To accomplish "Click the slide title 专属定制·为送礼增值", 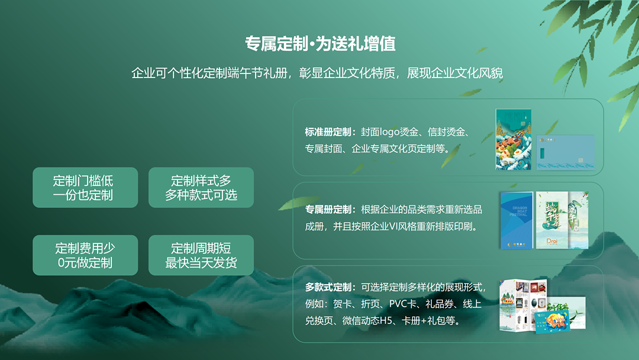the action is pos(320,44).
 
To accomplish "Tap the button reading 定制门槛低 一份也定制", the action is pos(85,188).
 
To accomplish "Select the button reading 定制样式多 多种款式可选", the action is pos(201,188).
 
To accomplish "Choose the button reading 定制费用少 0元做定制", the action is pos(85,255).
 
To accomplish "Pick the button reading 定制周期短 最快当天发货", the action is pos(201,255).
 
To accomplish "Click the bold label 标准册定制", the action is pos(328,132).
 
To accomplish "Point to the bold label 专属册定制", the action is pos(328,210).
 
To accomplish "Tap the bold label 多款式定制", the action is pos(328,287).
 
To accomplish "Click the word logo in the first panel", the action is pos(389,133).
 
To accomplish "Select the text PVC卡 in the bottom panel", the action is pos(403,304).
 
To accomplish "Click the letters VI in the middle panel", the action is pos(393,226).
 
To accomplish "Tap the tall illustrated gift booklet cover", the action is pos(514,139).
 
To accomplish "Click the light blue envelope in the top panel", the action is pos(565,153).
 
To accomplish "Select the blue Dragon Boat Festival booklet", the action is pos(517,220).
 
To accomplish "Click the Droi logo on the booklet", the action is pos(552,241).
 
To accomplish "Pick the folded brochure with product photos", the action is pos(523,305).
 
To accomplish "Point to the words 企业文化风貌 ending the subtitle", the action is pos(467,73).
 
